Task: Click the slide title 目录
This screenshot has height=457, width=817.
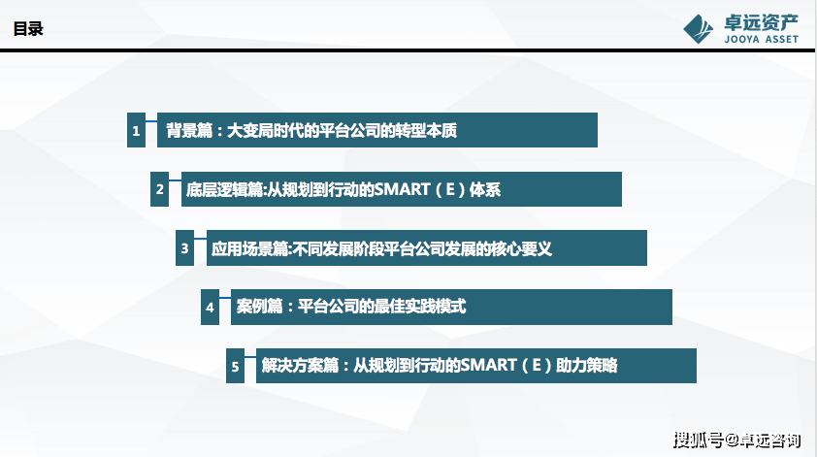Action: point(28,29)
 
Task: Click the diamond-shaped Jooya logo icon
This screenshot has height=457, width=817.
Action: point(699,29)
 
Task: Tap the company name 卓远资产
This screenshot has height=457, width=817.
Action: point(761,23)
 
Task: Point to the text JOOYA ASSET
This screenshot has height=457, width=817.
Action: point(762,39)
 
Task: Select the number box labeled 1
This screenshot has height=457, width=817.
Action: point(136,130)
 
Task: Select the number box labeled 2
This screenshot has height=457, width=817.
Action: point(159,189)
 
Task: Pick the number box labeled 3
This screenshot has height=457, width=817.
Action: point(184,248)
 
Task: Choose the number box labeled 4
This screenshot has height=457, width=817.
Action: point(210,307)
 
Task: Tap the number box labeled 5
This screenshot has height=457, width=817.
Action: point(235,366)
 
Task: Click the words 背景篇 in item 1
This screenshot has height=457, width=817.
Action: point(189,130)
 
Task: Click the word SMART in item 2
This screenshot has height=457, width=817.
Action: point(402,189)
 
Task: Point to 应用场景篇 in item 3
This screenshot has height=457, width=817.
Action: point(249,248)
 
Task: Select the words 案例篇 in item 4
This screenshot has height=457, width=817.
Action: point(259,306)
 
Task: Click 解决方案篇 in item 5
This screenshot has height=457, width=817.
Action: point(300,365)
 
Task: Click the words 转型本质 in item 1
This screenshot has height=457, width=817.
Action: point(426,130)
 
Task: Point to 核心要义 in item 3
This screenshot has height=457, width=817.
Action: point(521,248)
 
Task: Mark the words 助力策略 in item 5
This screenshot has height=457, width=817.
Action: point(587,365)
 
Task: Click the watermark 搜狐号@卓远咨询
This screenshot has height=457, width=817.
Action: point(736,441)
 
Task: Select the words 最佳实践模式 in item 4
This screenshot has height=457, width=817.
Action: point(419,306)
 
